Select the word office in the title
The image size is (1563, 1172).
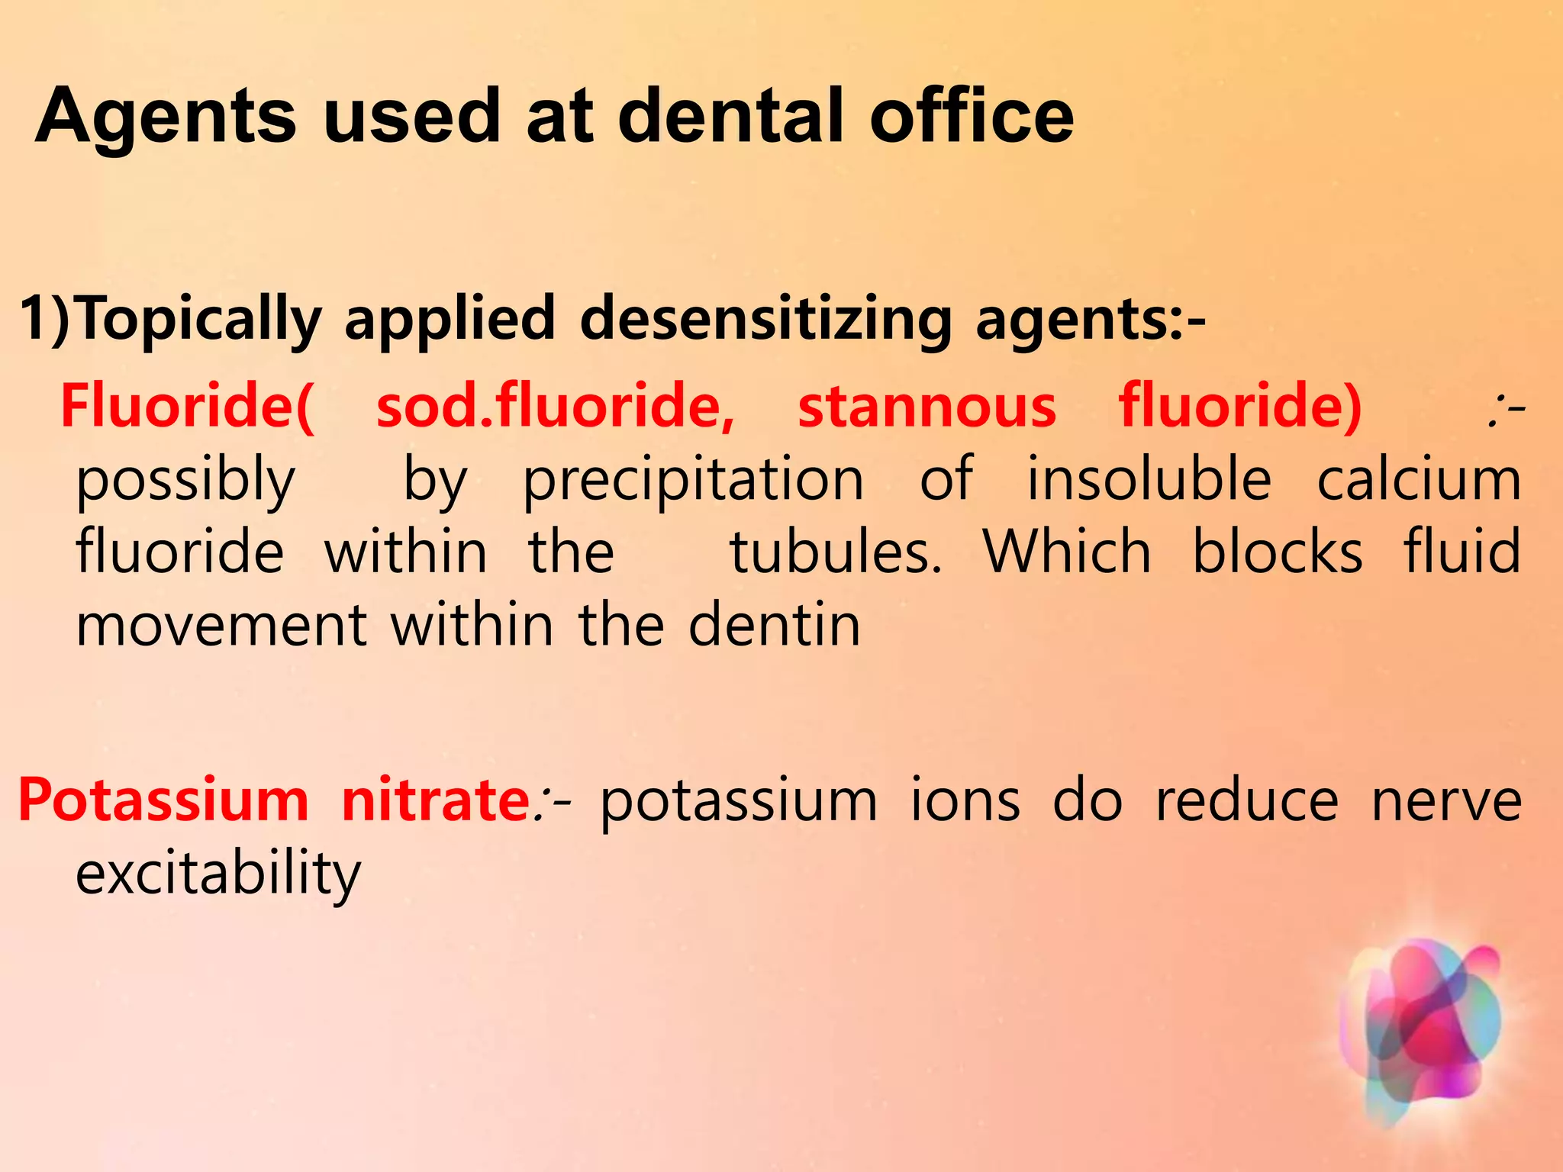coord(971,115)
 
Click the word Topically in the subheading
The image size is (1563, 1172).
coord(198,319)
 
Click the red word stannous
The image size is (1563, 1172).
coord(927,406)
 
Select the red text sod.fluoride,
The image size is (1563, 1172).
coord(555,406)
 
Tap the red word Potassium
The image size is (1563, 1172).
coord(163,800)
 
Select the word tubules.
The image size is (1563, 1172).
coord(836,552)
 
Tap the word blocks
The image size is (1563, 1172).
coord(1277,552)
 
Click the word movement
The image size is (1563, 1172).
coord(222,625)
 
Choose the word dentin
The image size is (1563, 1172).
coord(774,625)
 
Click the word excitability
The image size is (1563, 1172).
coord(218,874)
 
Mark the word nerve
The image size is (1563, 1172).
coord(1446,800)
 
